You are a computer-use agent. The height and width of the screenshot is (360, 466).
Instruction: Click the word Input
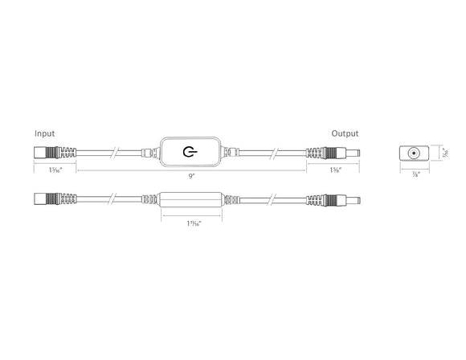(x=45, y=133)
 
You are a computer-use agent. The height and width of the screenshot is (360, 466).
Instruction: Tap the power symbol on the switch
(x=190, y=152)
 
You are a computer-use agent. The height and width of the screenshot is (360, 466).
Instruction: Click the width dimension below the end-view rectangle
(x=415, y=175)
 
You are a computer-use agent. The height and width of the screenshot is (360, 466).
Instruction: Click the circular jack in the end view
(x=415, y=153)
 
